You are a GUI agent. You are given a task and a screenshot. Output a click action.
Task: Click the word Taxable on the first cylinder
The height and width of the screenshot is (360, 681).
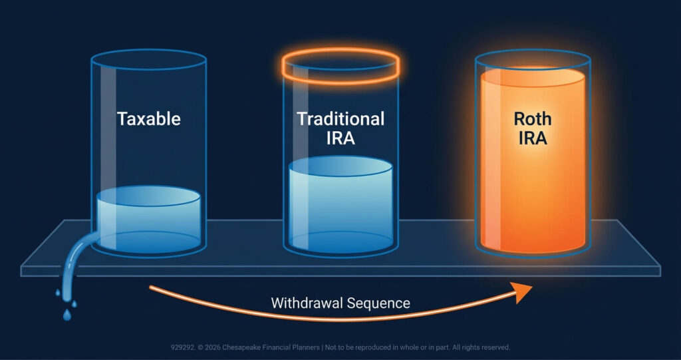[x=148, y=118]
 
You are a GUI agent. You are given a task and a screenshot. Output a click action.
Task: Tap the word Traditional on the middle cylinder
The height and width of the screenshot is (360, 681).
[x=340, y=118]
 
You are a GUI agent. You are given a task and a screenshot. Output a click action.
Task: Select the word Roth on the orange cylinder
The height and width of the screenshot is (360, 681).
[x=533, y=118]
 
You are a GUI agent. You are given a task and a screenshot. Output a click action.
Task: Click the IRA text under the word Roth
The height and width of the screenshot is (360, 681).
[x=533, y=138]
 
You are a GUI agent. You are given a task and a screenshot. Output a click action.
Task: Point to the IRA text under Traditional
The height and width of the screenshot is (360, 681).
[x=340, y=138]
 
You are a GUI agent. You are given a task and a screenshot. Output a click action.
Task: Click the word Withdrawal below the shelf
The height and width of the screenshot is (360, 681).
[x=309, y=303]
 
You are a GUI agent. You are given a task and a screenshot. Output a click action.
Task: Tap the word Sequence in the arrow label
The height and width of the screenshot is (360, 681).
[x=380, y=303]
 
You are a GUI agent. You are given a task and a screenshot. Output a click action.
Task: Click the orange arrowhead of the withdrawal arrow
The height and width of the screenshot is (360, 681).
[x=523, y=291]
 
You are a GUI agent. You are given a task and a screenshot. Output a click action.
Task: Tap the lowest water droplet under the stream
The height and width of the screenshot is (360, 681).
[x=67, y=315]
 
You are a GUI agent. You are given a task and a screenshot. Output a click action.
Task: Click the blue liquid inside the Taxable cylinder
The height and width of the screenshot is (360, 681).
[x=148, y=220]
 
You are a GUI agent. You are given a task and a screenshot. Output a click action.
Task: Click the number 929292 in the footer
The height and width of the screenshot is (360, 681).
[x=182, y=348]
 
